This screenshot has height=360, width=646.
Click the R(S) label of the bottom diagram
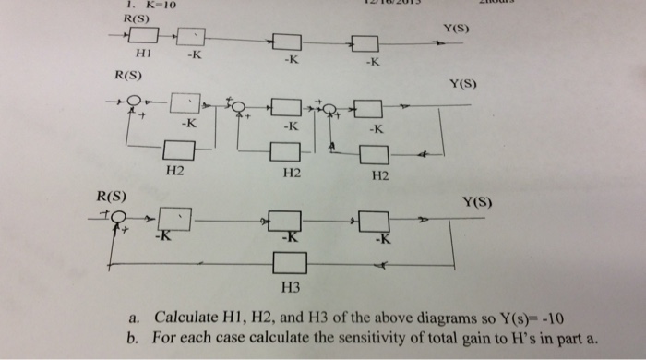pos(112,196)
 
